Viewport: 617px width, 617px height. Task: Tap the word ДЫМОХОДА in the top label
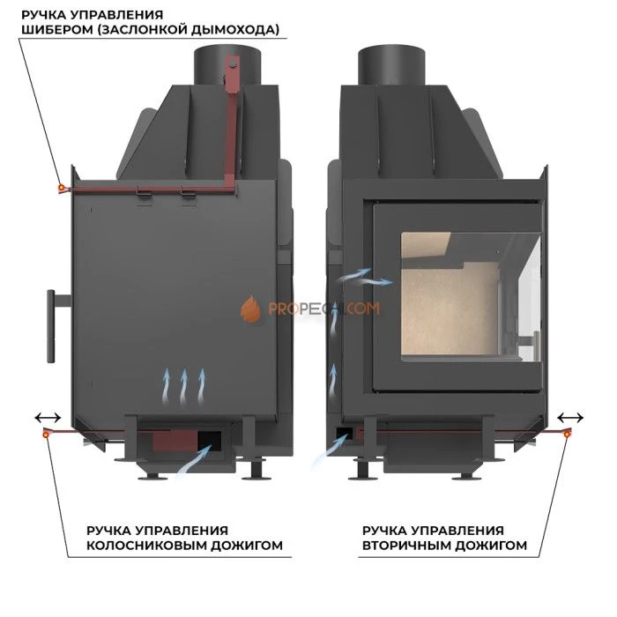click(x=239, y=30)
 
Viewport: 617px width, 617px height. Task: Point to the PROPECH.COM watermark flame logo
click(x=250, y=308)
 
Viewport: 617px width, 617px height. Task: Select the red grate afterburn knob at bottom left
click(x=47, y=433)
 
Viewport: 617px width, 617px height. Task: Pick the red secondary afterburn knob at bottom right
click(x=567, y=433)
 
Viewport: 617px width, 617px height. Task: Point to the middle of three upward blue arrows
click(x=184, y=383)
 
